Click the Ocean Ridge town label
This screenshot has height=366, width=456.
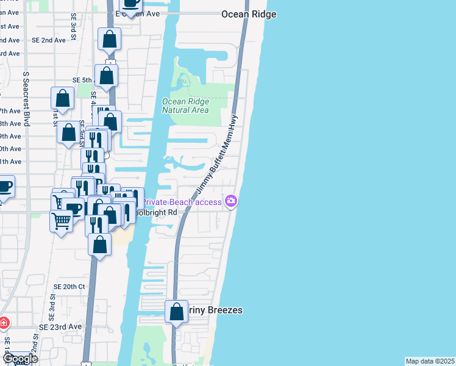249,14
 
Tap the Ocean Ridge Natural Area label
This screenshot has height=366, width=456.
185,106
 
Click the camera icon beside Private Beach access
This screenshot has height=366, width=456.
231,201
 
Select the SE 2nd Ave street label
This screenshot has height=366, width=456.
49,40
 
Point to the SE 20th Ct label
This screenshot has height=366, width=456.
69,286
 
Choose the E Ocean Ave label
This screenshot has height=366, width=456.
145,13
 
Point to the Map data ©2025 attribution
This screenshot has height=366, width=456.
430,361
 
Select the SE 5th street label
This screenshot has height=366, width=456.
82,80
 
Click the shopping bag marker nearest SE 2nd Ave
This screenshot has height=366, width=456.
110,40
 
